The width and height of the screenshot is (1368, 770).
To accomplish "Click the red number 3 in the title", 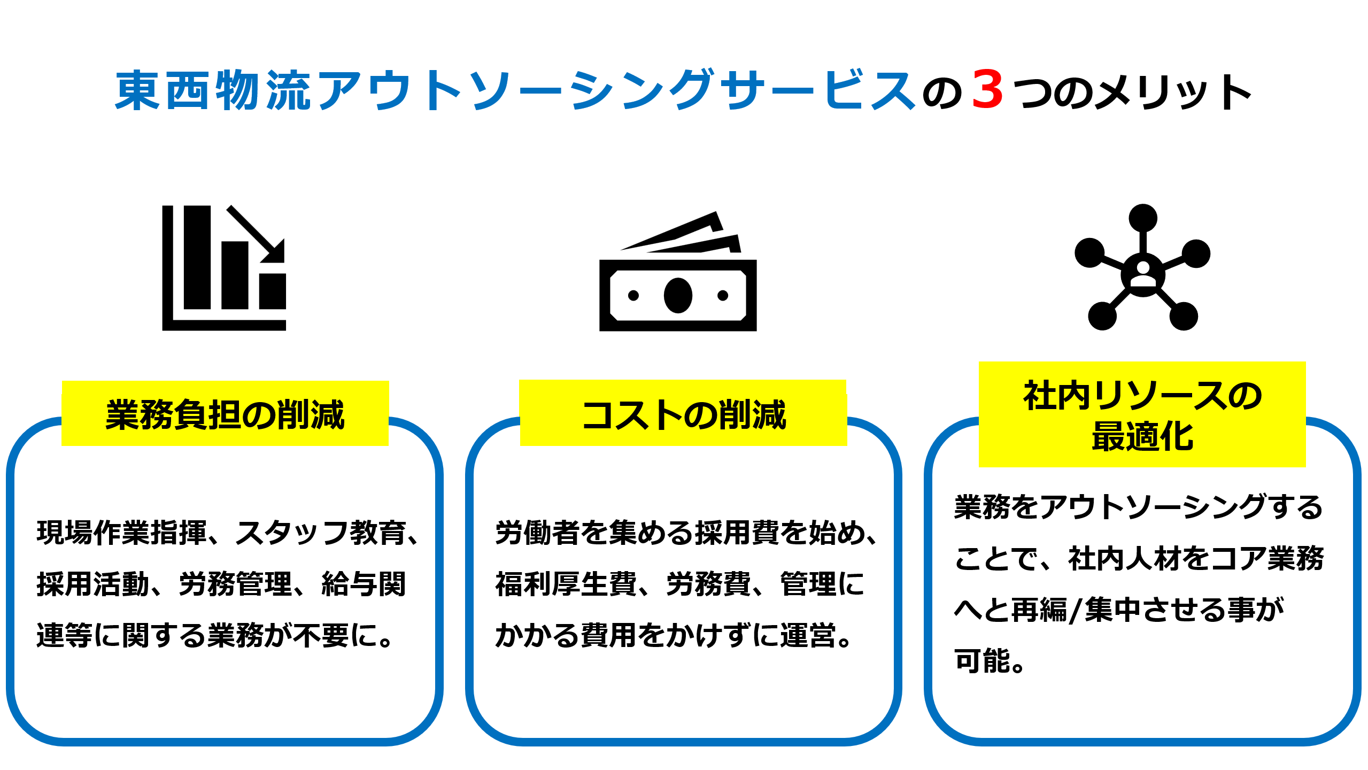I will [x=987, y=90].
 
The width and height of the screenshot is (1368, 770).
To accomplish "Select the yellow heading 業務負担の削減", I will [x=225, y=414].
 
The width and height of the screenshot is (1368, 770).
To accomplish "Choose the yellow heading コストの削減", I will [x=683, y=414].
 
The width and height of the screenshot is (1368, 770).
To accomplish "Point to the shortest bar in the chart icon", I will [x=272, y=291].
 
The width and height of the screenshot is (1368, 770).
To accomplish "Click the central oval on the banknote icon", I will [x=678, y=295].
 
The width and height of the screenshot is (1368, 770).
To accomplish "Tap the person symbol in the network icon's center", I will [x=1143, y=274].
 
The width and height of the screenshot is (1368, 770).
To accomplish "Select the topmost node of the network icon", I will [x=1143, y=218].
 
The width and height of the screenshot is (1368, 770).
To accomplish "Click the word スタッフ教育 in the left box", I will [x=320, y=533].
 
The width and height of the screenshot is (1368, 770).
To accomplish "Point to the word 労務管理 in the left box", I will [x=235, y=584].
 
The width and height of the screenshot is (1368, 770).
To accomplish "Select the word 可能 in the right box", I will [x=982, y=661].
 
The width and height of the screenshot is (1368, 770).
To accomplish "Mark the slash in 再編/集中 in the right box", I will [x=1076, y=610].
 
